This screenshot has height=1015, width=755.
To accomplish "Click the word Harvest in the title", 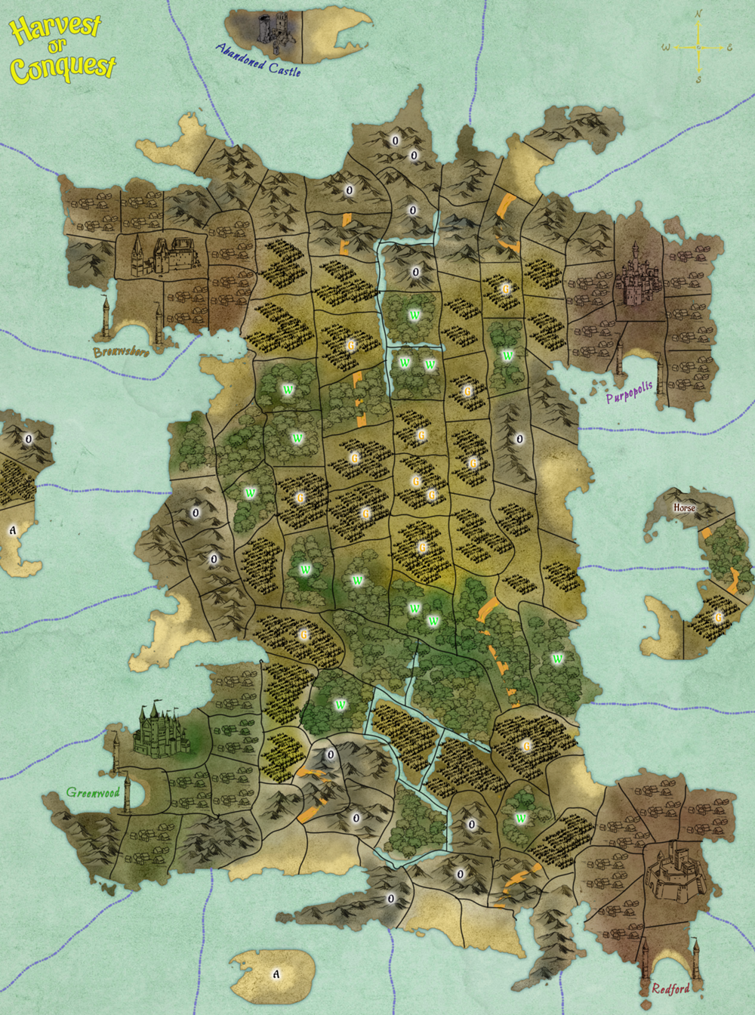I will point(55,27).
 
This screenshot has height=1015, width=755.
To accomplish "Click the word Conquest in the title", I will point(63,69).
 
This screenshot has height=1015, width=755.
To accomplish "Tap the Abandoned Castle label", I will point(258,60).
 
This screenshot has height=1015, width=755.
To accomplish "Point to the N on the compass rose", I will point(698,14).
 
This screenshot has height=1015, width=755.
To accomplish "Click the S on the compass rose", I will point(698,79).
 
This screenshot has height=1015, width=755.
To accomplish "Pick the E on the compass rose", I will point(729,48).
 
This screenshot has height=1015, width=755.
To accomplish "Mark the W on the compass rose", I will point(665,48).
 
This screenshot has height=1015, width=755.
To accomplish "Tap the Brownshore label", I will point(121,352).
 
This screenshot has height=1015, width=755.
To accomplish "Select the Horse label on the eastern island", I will point(684,507).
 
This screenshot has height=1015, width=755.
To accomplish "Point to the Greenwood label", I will point(93,792).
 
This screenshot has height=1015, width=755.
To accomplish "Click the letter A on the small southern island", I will point(276,974).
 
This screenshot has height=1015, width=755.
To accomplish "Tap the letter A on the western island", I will point(12,530).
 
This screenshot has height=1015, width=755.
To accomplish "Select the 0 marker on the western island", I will point(29,439).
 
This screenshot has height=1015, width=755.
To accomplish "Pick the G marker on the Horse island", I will point(718,617).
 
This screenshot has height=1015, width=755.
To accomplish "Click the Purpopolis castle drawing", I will point(639,276).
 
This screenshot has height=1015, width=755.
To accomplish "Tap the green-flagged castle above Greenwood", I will point(160,730).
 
